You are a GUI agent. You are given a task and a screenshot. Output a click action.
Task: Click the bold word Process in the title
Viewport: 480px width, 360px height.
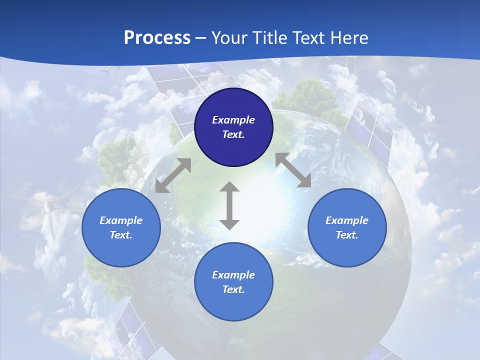coord(157,38)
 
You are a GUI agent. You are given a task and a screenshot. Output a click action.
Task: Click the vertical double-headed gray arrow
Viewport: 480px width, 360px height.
coord(229,205)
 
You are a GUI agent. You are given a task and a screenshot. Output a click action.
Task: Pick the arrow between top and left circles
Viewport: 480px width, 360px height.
coord(173,175)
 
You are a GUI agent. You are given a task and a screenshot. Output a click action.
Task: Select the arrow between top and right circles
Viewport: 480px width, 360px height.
coord(293,170)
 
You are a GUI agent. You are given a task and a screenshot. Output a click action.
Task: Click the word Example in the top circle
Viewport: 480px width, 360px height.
coord(233,120)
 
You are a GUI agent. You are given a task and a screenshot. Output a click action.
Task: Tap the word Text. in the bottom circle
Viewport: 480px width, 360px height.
coord(233,289)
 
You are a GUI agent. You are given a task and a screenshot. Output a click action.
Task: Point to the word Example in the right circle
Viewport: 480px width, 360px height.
coord(347,220)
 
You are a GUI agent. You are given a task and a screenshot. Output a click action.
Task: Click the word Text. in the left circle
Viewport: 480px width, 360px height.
coord(121,235)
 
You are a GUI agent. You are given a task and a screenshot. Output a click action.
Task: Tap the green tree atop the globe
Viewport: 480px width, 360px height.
coord(312,97)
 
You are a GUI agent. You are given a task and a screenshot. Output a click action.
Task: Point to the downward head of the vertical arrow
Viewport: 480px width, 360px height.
coord(229,224)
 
